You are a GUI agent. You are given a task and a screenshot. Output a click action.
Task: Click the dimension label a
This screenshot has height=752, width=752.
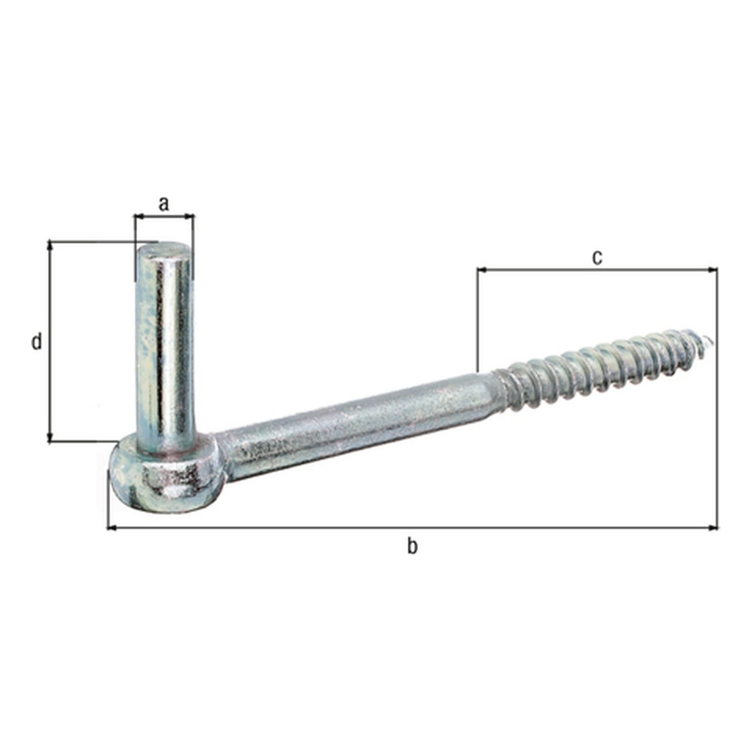click(164, 204)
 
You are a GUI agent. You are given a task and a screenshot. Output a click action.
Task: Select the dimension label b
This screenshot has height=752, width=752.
click(412, 546)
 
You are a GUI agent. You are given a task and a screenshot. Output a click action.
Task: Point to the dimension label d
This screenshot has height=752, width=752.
click(36, 342)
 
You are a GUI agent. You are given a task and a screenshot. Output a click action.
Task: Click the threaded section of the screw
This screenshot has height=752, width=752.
click(605, 371)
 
